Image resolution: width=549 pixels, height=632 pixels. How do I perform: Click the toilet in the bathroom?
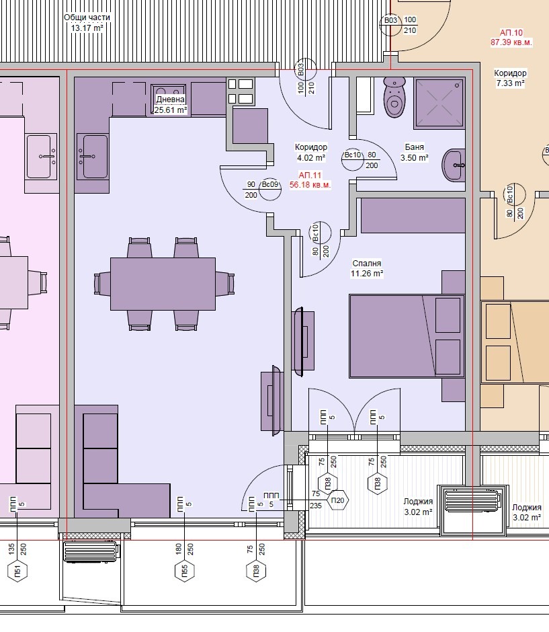click(394, 97)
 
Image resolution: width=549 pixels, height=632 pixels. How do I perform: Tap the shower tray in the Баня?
click(439, 103)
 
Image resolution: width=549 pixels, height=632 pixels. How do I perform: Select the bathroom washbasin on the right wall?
click(454, 165)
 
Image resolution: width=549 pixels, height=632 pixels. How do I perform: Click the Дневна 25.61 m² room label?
click(171, 104)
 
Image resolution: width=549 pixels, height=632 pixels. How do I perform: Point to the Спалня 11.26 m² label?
click(366, 268)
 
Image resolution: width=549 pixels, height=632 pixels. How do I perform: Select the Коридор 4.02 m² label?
click(311, 153)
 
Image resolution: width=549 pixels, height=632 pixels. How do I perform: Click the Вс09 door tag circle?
click(270, 190)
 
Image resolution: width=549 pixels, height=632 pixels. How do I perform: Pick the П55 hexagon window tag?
click(185, 571)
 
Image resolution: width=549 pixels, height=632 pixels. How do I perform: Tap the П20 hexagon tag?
click(337, 500)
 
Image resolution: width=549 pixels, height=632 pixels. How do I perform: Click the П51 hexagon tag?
click(17, 571)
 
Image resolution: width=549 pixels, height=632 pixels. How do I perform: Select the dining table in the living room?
click(163, 284)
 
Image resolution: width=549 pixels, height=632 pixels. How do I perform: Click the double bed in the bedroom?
click(407, 336)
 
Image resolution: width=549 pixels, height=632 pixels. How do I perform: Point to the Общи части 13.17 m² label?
click(87, 23)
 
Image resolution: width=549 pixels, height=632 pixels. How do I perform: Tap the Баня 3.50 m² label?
click(414, 153)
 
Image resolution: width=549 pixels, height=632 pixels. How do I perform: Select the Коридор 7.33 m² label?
click(510, 78)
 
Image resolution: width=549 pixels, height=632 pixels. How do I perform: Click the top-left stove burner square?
click(232, 84)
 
